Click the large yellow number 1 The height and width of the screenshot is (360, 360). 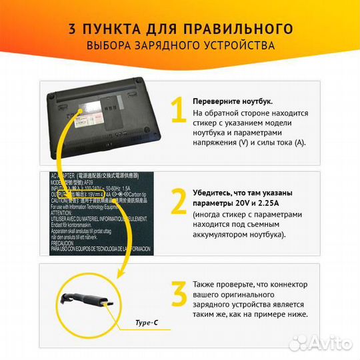point(177,111)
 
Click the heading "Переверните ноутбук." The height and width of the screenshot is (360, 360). point(232,101)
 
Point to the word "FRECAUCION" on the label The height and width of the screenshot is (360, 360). point(67,243)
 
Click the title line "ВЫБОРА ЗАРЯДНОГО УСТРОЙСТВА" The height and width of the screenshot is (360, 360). point(180,46)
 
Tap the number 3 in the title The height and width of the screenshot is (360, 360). point(72,29)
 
